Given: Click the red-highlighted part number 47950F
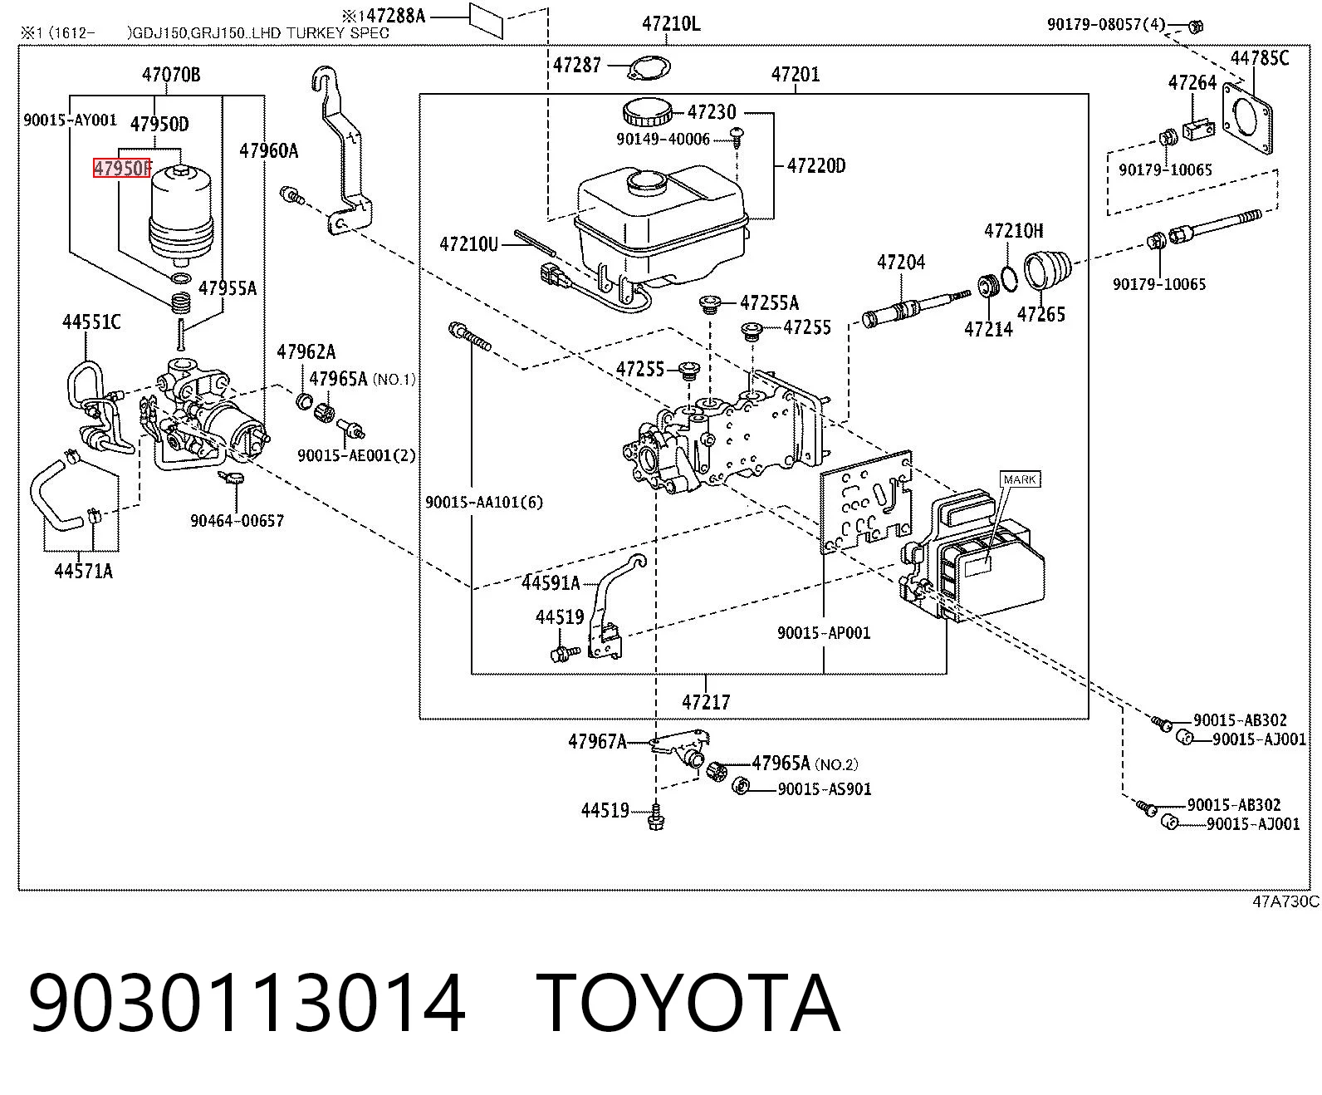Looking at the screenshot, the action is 122,168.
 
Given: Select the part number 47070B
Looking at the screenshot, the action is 171,75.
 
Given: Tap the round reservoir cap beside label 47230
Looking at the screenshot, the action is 646,113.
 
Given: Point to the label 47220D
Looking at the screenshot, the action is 816,166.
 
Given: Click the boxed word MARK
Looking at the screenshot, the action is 1020,479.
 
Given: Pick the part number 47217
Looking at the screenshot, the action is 706,702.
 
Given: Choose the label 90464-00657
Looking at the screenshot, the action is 237,521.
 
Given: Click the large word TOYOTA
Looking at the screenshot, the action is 688,1004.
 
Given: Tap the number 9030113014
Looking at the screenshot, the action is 247,1004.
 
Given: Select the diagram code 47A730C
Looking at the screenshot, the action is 1285,901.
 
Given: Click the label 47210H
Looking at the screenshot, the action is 1014,231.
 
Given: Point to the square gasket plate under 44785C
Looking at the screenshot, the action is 1246,119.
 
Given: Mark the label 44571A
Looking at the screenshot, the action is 84,572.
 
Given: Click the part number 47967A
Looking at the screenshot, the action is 597,741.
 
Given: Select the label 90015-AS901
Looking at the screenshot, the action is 825,789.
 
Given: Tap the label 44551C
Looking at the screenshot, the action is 91,322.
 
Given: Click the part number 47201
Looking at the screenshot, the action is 796,75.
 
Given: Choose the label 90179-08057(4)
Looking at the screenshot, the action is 1106,25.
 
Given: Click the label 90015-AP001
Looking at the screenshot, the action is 824,632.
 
